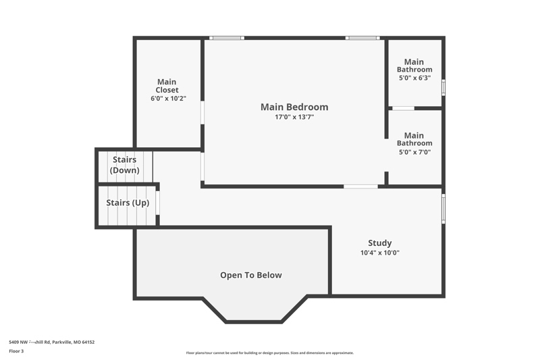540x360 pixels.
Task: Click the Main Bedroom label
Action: [294, 107]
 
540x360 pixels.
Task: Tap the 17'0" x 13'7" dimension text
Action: [294, 117]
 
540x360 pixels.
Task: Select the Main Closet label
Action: [167, 86]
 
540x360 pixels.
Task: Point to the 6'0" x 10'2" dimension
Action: [168, 99]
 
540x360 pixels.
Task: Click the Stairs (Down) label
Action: [125, 165]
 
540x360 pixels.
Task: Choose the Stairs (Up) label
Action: [128, 203]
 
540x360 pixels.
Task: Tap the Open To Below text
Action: [251, 275]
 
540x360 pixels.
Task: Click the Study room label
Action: [379, 243]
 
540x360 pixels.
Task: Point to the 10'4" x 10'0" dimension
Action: [380, 253]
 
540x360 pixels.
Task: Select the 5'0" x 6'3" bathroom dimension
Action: [414, 78]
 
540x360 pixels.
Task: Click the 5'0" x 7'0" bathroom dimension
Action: [414, 152]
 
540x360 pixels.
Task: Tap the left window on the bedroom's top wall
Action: [226, 38]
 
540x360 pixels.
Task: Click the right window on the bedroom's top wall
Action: [362, 38]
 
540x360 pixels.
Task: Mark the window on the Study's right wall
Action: [443, 209]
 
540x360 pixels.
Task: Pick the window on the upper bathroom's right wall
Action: [443, 87]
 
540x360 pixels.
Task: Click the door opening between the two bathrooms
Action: [403, 108]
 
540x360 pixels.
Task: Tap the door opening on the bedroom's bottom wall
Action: [360, 186]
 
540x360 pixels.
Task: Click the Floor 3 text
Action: [16, 351]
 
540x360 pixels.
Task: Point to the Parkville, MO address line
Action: [51, 342]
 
